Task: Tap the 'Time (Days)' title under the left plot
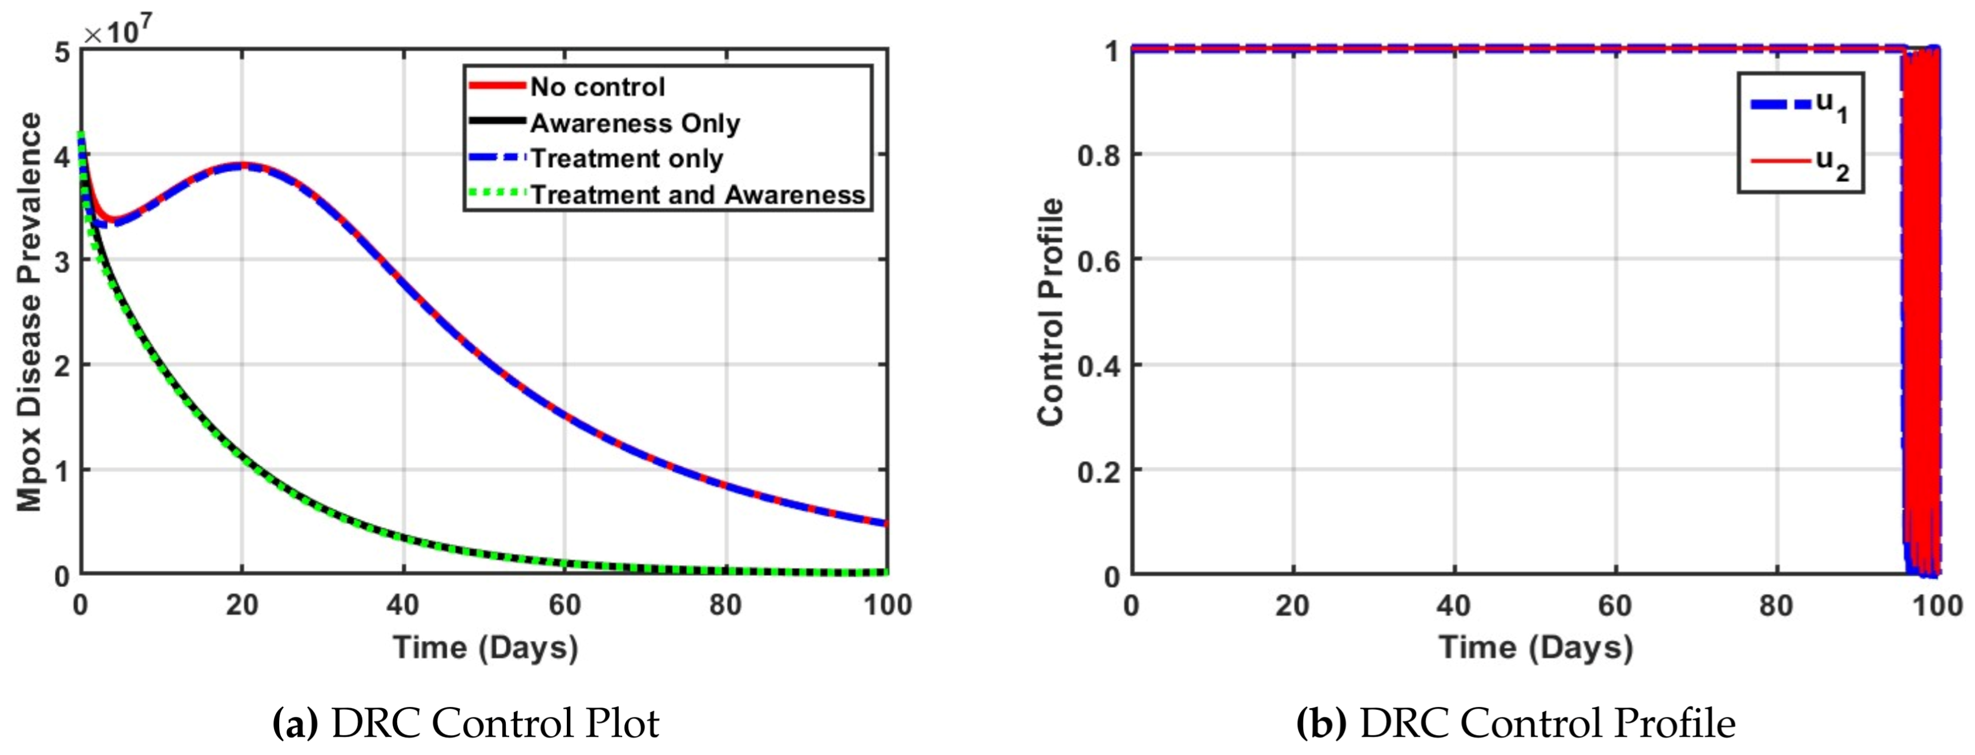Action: tap(485, 648)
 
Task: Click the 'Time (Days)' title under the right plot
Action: tap(1535, 648)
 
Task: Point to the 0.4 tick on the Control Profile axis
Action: tap(1098, 366)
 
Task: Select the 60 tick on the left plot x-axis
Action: tap(565, 605)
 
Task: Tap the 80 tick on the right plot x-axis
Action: tap(1776, 605)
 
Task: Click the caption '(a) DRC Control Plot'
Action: tap(465, 723)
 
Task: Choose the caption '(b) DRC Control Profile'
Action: tap(1515, 723)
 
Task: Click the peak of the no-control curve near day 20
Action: tap(241, 165)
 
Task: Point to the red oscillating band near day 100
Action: tap(1922, 306)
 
